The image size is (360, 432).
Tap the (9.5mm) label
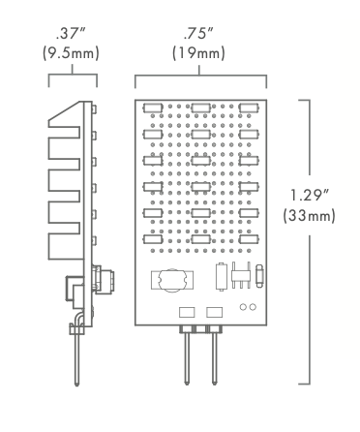[73, 53]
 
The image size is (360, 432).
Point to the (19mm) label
[199, 53]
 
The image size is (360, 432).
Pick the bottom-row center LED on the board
[201, 235]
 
